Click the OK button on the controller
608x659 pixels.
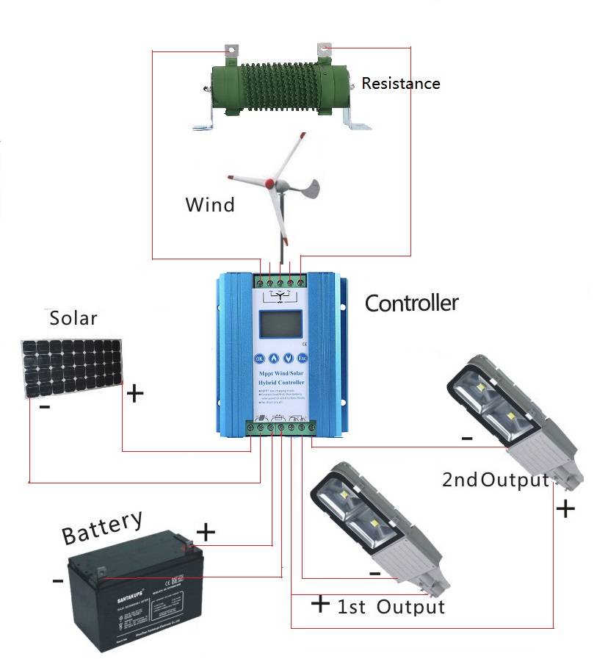[258, 359]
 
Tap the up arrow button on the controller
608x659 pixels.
[274, 359]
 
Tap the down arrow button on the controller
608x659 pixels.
[289, 359]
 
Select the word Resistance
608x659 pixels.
[401, 84]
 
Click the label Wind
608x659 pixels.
[210, 204]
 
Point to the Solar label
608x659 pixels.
[73, 318]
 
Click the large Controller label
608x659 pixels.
[411, 303]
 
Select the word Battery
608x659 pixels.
[102, 527]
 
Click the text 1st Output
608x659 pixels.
[391, 608]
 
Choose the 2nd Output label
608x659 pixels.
[496, 480]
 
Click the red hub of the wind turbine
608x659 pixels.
[270, 181]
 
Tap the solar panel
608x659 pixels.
[70, 367]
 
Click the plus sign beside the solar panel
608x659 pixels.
[135, 394]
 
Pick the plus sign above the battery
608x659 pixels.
[206, 531]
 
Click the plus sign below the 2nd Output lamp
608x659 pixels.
[565, 508]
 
